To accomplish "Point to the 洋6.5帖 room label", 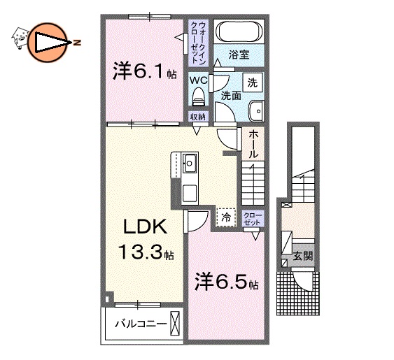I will (227, 283).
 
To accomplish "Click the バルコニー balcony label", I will (140, 324).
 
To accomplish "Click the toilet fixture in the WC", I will (197, 96).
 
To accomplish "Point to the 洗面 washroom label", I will (230, 96).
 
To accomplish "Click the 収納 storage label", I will (197, 116).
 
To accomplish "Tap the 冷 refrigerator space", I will (225, 217).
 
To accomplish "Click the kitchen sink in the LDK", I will (190, 165).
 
